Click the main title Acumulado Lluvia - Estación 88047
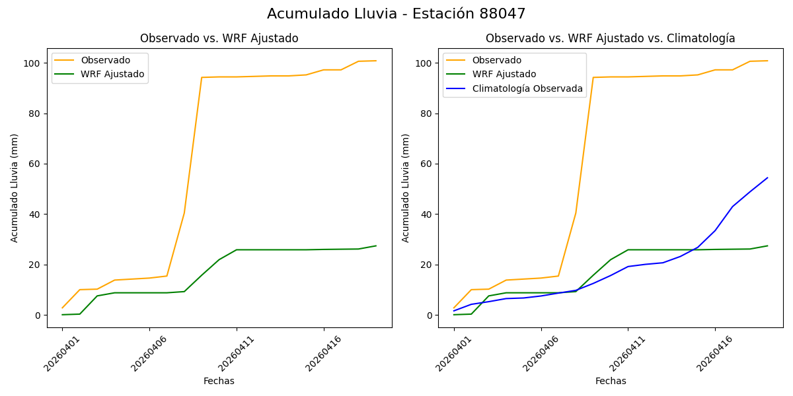pyautogui.click(x=397, y=14)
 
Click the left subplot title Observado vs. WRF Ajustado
pyautogui.click(x=219, y=38)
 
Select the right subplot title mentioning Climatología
pyautogui.click(x=610, y=38)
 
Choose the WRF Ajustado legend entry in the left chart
pyautogui.click(x=112, y=74)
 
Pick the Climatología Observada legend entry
pyautogui.click(x=527, y=88)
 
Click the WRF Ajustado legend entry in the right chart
pyautogui.click(x=504, y=74)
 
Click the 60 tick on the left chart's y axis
pyautogui.click(x=35, y=164)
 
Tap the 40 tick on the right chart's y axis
pyautogui.click(x=426, y=214)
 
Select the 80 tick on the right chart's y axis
pyautogui.click(x=426, y=114)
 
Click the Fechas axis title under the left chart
pyautogui.click(x=219, y=381)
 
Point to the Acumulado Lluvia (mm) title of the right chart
pyautogui.click(x=406, y=187)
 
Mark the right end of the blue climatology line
pyautogui.click(x=767, y=178)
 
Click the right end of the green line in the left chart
pyautogui.click(x=376, y=246)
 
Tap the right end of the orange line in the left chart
pyautogui.click(x=376, y=61)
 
